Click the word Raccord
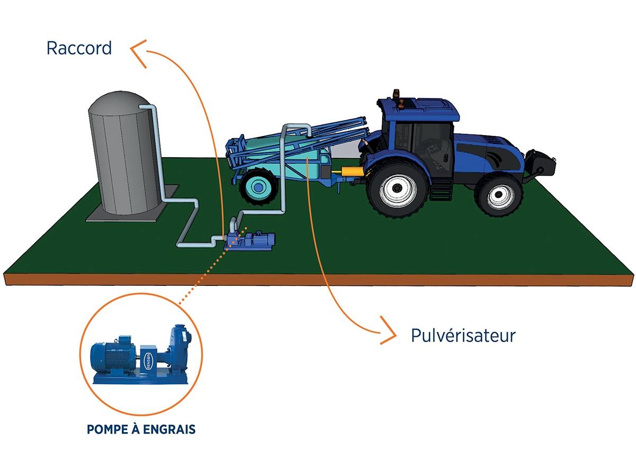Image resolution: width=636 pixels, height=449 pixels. coord(79,48)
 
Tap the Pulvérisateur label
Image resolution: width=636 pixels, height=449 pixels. coord(463,335)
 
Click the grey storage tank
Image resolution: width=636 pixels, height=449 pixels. coord(122,154)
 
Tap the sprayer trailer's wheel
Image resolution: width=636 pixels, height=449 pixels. coord(259,186)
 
